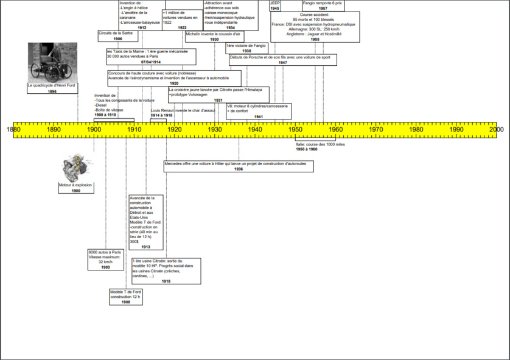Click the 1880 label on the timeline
13,129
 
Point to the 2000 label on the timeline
497,129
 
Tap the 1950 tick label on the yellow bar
295,129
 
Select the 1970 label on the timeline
376,129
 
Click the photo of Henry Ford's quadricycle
53,63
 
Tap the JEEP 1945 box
275,5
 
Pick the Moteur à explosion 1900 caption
76,187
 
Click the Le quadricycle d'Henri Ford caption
52,88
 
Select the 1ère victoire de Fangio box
246,48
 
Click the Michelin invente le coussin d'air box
214,36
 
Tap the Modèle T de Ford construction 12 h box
126,297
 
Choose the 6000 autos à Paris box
105,259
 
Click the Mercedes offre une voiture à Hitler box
239,166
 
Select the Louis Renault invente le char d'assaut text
183,111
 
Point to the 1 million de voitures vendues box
182,20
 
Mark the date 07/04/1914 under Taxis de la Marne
150,62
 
